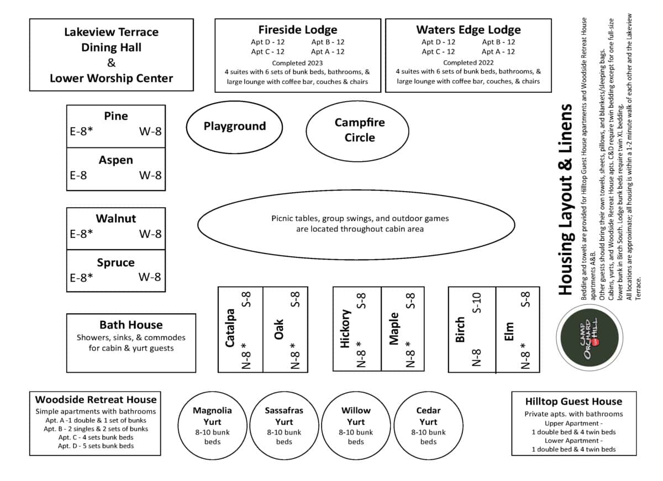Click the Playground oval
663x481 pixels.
[x=234, y=126]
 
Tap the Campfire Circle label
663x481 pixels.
[x=359, y=130]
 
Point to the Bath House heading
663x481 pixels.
[x=131, y=325]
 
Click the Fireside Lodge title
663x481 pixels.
[x=297, y=30]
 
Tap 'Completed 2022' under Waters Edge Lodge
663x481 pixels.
[x=468, y=63]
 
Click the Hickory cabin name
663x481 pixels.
[x=345, y=329]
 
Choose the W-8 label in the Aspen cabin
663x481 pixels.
[x=150, y=176]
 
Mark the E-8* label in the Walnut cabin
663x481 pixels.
[x=81, y=234]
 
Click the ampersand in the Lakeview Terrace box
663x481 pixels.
[x=111, y=63]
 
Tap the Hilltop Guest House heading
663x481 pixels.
[x=573, y=401]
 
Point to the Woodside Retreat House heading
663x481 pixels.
[x=96, y=399]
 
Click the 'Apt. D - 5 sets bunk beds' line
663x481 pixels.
[x=96, y=446]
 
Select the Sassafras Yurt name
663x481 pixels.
[x=284, y=415]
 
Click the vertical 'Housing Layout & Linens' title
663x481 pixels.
[x=565, y=199]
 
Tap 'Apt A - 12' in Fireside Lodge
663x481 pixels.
[x=328, y=51]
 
